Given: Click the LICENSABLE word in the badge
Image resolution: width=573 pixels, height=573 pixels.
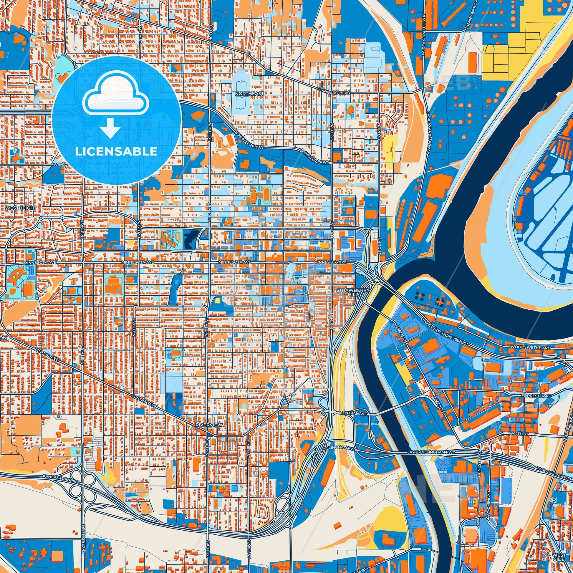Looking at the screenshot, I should click(116, 152).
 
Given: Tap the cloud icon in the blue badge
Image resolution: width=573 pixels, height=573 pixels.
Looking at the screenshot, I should click(116, 98).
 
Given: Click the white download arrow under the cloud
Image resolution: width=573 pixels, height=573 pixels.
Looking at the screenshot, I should click(110, 127).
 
